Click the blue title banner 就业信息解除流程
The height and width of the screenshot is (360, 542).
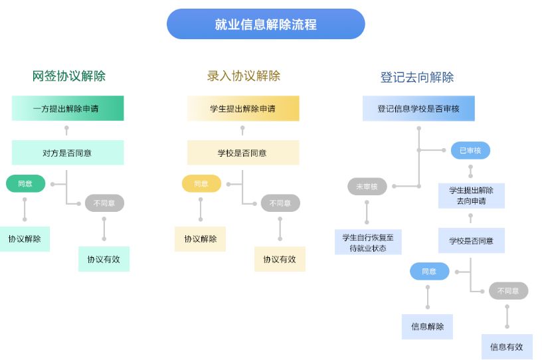[266, 25]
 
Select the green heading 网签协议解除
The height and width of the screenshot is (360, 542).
[69, 76]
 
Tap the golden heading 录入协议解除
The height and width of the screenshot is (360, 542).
[244, 76]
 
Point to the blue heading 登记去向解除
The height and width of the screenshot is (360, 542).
[417, 77]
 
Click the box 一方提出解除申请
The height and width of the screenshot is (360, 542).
[68, 108]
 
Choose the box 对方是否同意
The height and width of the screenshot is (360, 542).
[68, 153]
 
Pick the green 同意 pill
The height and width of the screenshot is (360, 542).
[25, 183]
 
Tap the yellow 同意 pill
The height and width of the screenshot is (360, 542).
[201, 183]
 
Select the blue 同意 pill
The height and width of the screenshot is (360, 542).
[429, 271]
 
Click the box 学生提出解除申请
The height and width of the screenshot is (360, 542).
[243, 108]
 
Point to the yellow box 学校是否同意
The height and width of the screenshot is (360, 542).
[243, 153]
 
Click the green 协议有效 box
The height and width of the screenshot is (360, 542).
[104, 259]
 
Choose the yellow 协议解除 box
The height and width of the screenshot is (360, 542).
[200, 239]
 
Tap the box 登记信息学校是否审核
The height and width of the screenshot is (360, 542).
[418, 108]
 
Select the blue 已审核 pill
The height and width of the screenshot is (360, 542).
[470, 151]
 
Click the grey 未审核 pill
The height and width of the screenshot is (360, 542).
[367, 187]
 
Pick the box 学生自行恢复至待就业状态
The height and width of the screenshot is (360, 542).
[368, 242]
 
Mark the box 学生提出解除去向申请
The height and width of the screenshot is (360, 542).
[471, 196]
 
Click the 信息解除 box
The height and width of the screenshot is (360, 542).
[427, 327]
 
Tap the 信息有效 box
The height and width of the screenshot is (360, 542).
[507, 347]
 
